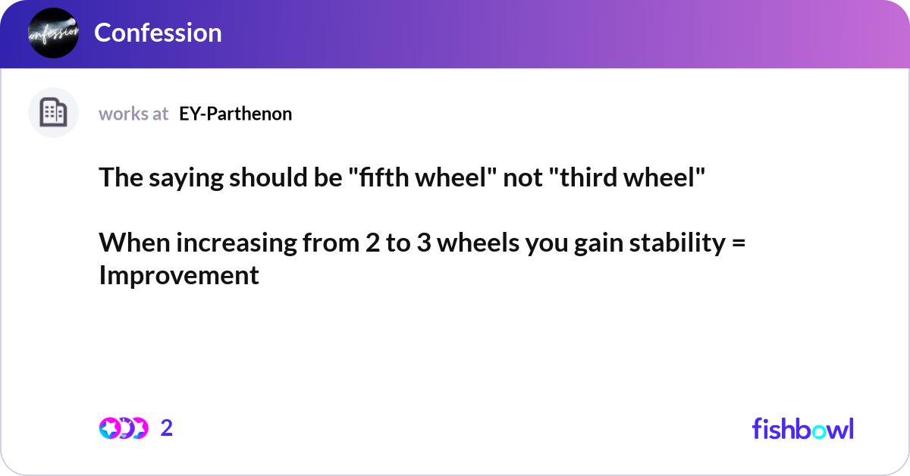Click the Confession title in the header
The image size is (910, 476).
point(158,33)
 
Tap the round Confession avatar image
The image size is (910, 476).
point(53,33)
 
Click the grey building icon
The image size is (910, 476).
point(53,113)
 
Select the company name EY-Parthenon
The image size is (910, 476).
point(235,114)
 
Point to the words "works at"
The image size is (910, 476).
point(133,114)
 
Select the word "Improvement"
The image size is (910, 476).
point(179,276)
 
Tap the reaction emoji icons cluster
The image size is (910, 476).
point(123,428)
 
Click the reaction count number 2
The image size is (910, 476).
point(167,428)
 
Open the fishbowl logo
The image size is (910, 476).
point(802,428)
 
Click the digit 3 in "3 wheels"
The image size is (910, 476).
point(423,243)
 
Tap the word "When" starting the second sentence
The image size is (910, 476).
point(127,243)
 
